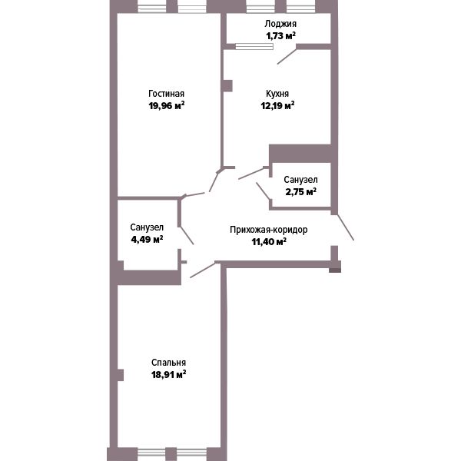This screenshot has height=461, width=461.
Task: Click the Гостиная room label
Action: click(x=167, y=94)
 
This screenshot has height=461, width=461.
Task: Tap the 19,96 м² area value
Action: click(x=167, y=105)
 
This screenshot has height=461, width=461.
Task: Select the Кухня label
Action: click(x=277, y=94)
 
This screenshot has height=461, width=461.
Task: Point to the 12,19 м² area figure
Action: click(x=278, y=105)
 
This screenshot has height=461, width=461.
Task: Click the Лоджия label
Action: click(x=280, y=24)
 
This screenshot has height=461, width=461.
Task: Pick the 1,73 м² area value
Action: click(x=280, y=36)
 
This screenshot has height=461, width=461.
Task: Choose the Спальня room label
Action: click(x=168, y=363)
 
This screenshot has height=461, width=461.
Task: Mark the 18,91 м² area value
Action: click(x=168, y=375)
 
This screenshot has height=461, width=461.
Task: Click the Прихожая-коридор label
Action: click(x=269, y=230)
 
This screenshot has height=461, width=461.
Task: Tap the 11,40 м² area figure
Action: click(x=269, y=242)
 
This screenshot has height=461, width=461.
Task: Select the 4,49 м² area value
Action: click(x=147, y=239)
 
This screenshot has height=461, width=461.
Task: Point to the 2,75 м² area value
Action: click(x=300, y=191)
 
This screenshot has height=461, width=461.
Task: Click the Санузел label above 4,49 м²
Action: click(x=147, y=227)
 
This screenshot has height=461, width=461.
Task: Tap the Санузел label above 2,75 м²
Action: click(x=300, y=180)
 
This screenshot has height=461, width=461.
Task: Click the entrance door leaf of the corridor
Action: click(x=345, y=227)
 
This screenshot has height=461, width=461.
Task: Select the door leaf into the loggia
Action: click(x=287, y=56)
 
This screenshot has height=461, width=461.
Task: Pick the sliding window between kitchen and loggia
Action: click(x=254, y=46)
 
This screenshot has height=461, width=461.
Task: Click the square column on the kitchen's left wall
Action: click(x=227, y=86)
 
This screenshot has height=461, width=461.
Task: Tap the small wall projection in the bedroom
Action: click(x=121, y=375)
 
